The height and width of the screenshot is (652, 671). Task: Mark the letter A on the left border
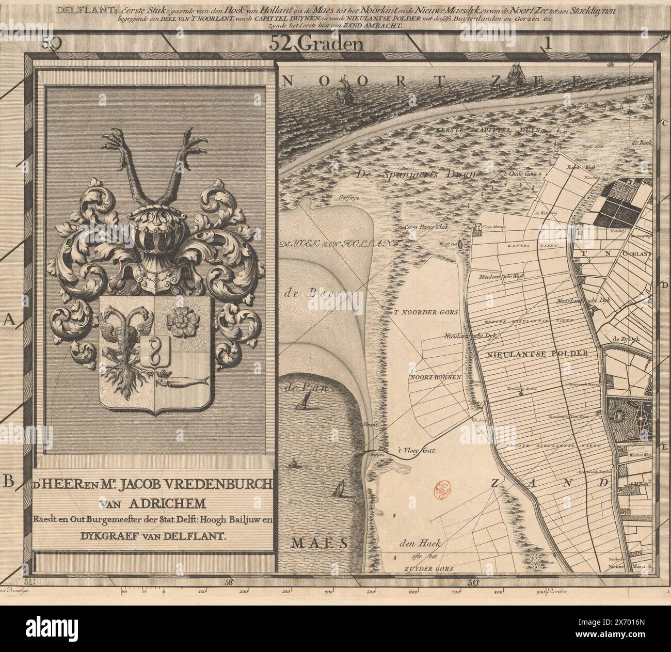[9, 321]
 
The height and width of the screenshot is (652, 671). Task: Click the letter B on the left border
[9, 482]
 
